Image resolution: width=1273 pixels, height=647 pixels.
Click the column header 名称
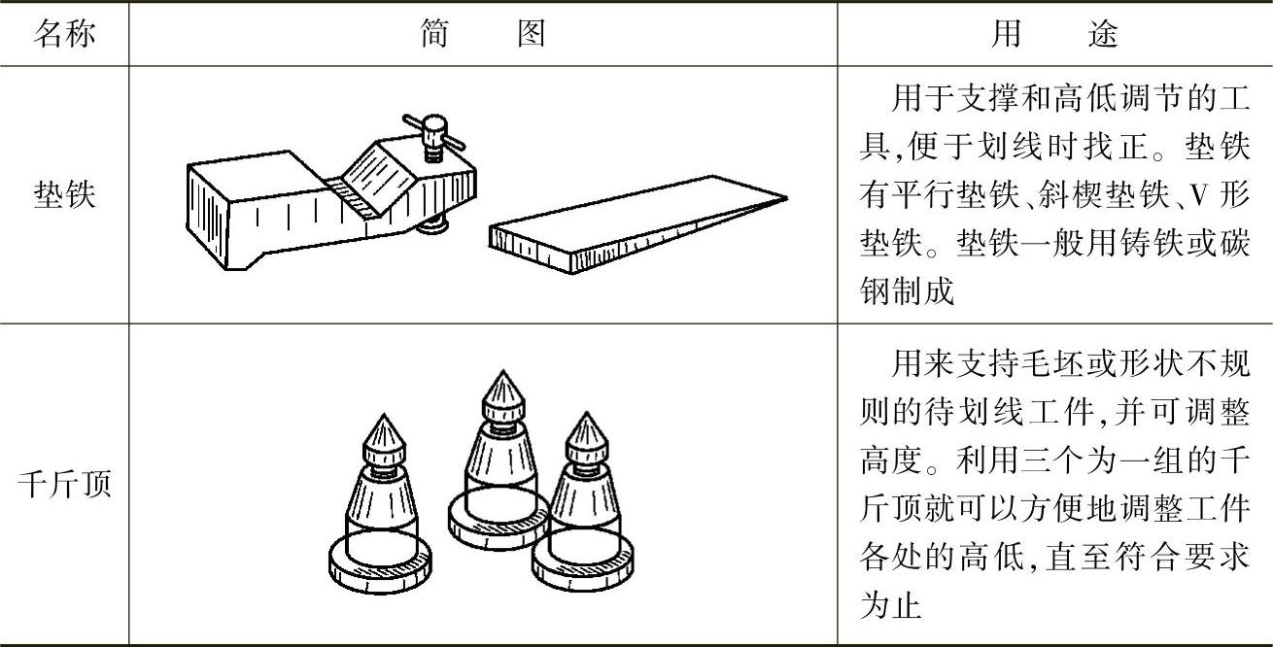point(64,34)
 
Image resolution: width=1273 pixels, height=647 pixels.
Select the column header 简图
point(483,34)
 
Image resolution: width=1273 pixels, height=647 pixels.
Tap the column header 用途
point(1054,34)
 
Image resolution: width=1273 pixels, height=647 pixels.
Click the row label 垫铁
point(64,195)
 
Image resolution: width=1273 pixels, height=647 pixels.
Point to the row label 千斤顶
point(64,483)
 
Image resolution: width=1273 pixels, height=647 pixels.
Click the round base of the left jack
point(379,563)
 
